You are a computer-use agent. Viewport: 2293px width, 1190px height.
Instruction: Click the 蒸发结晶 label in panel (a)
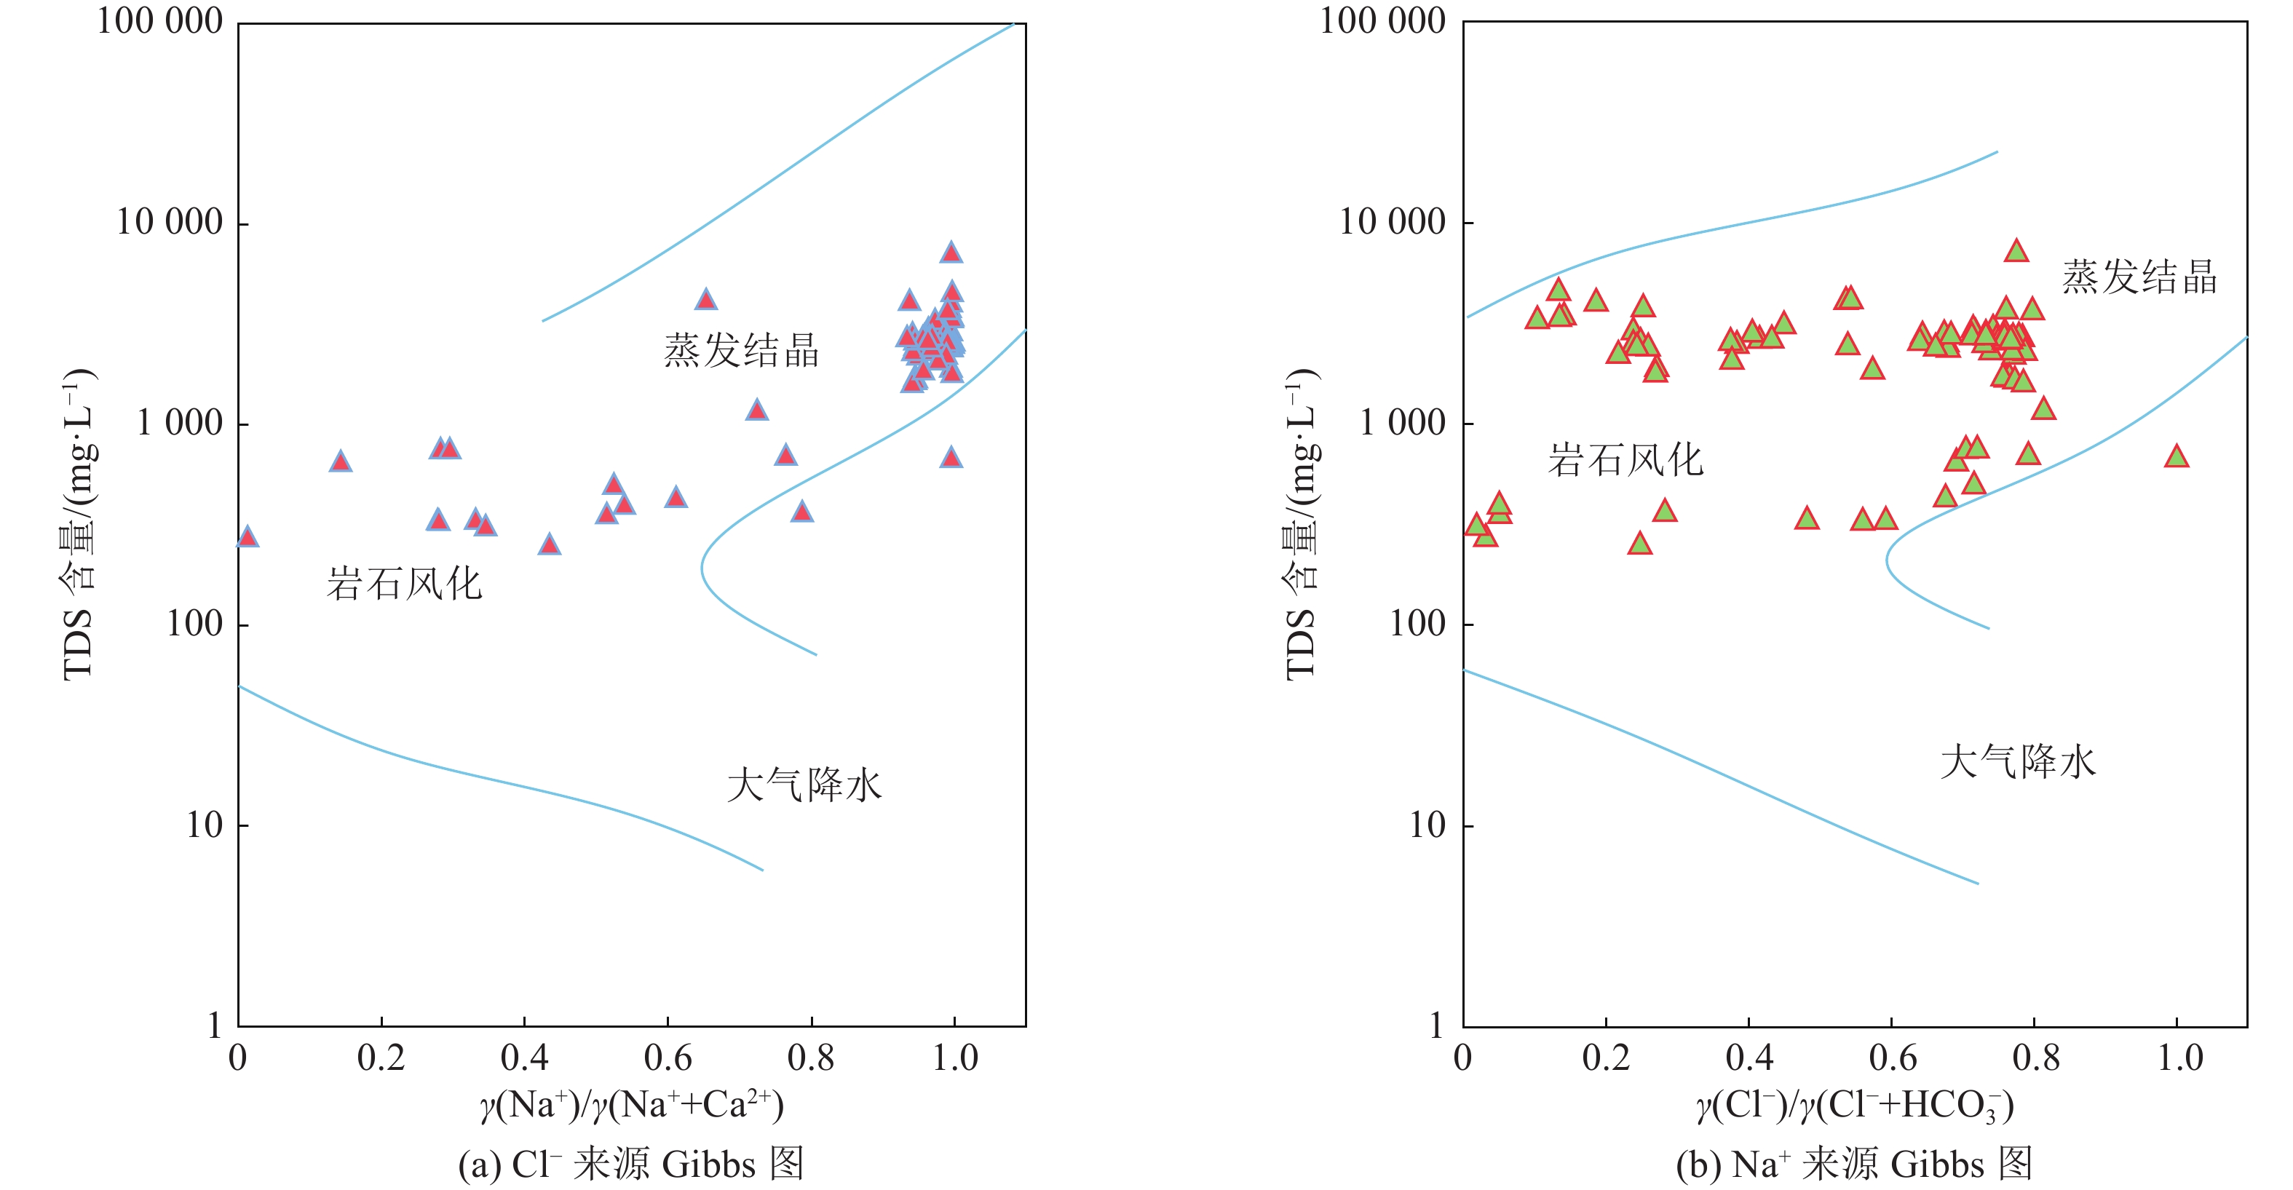[x=740, y=350]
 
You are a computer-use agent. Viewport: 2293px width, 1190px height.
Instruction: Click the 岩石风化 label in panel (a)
[x=404, y=584]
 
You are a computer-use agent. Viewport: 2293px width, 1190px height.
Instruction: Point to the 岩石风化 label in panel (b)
[x=1625, y=460]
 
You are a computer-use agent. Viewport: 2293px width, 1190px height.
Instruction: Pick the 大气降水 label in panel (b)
[x=2018, y=762]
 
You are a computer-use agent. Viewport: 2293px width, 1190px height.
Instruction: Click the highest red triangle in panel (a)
[x=951, y=253]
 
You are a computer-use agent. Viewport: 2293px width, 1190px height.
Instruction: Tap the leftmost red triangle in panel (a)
[x=247, y=536]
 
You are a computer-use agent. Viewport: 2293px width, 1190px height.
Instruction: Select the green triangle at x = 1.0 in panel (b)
[x=2177, y=456]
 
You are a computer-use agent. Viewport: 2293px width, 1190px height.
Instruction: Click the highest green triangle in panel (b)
[x=2016, y=252]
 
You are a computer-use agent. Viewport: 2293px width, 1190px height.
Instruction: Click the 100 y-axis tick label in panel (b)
[x=1417, y=624]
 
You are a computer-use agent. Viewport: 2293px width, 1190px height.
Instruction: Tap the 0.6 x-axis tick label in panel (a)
[x=668, y=1058]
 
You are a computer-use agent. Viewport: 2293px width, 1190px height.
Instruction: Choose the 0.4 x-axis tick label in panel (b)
[x=1749, y=1058]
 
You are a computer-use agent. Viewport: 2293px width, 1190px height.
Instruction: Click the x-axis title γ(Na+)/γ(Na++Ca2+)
[x=632, y=1106]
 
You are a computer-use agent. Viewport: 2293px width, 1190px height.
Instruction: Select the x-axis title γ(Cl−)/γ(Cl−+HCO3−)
[x=1855, y=1106]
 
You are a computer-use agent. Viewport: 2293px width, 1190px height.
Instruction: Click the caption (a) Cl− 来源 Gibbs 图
[x=631, y=1163]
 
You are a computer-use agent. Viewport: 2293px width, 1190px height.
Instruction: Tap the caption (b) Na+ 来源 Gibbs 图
[x=1854, y=1163]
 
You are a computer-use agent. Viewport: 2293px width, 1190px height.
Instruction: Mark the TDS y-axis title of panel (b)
[x=1302, y=525]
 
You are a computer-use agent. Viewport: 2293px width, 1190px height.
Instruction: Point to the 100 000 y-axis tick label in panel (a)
[x=159, y=21]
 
